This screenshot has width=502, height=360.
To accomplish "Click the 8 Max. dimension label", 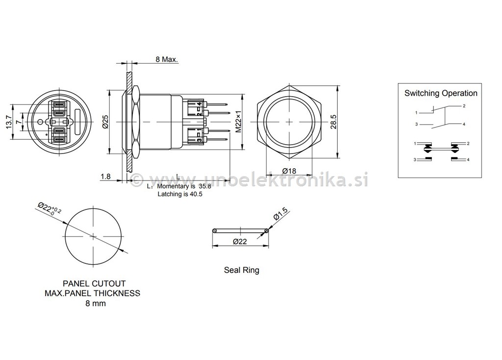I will [x=167, y=59].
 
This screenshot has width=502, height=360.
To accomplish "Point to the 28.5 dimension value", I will [x=333, y=121].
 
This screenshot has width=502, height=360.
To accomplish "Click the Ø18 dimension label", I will [x=289, y=171].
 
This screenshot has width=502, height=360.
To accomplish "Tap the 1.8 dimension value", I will [x=105, y=177].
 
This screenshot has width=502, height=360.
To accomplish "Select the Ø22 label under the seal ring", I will [x=240, y=241].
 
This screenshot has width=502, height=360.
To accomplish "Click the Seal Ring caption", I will [x=241, y=270].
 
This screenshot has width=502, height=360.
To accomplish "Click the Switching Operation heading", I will [x=440, y=93].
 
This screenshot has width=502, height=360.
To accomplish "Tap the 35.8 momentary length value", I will [x=204, y=186].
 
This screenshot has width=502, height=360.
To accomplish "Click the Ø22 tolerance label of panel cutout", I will [x=50, y=210].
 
